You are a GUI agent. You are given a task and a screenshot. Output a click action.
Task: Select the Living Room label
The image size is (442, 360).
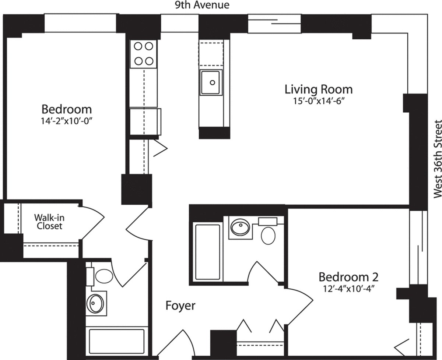click(x=318, y=89)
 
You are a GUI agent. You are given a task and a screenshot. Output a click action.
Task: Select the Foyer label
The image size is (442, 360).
click(x=180, y=306)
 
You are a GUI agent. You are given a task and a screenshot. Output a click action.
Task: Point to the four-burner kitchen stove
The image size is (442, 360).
click(x=143, y=53)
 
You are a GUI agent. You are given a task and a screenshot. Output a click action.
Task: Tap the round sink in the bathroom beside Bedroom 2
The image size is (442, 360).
click(x=240, y=227)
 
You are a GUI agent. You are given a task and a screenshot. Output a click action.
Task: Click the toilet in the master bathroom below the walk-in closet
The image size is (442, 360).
click(x=104, y=276)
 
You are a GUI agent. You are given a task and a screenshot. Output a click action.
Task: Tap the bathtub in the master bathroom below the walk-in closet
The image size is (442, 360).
click(x=116, y=342)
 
